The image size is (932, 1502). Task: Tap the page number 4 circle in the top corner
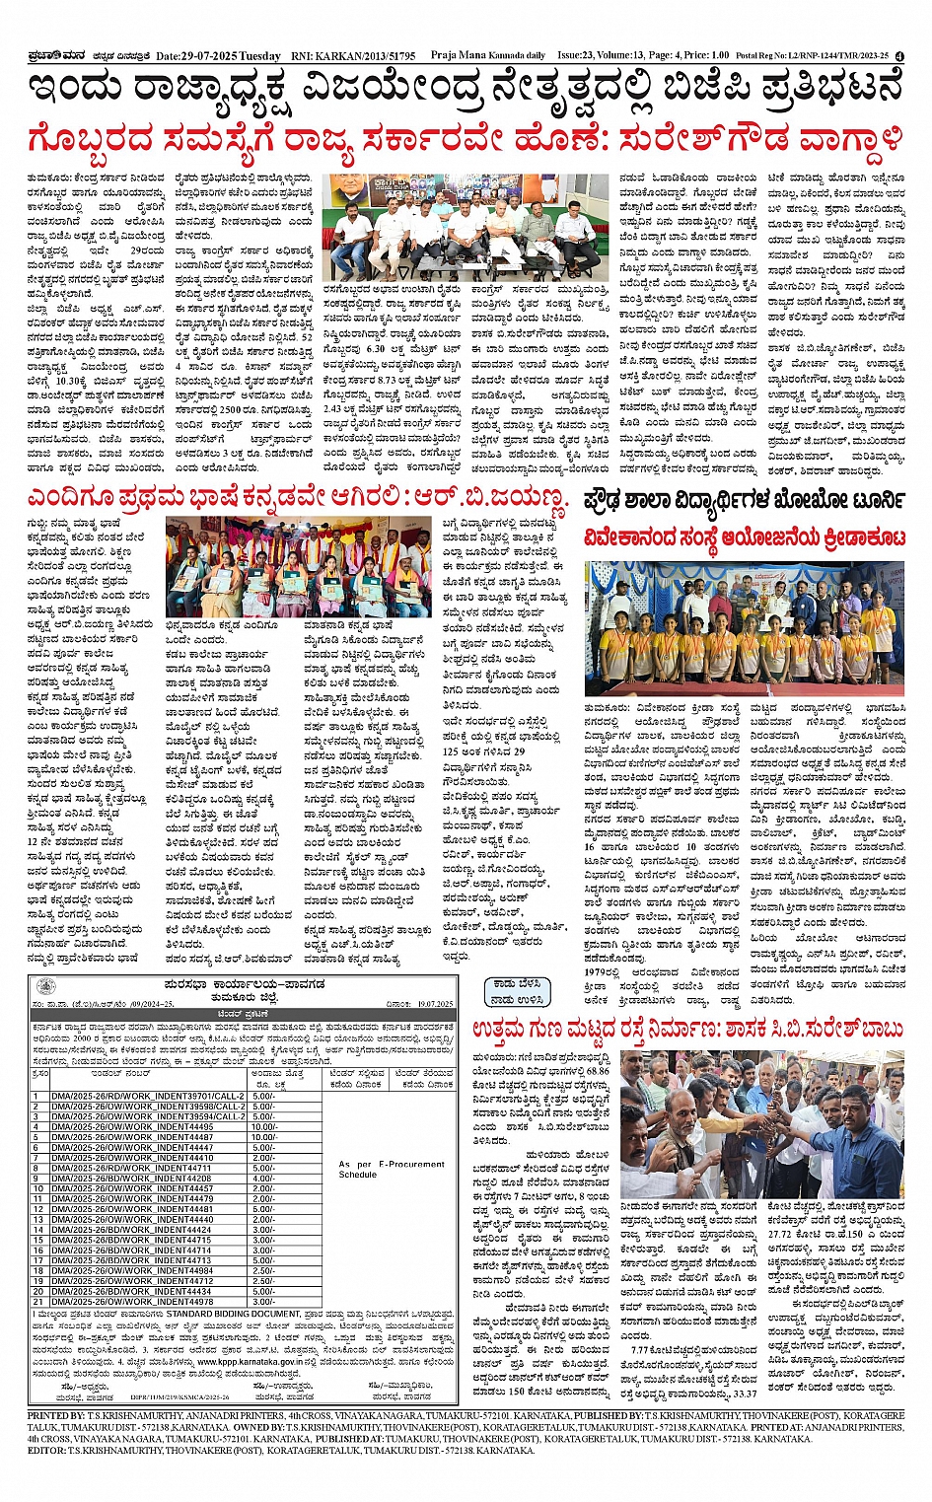[x=899, y=56]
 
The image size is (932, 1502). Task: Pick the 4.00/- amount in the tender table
[x=264, y=1179]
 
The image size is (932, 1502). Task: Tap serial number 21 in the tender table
[x=37, y=1302]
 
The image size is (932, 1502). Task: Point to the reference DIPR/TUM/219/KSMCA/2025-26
[x=187, y=1397]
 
